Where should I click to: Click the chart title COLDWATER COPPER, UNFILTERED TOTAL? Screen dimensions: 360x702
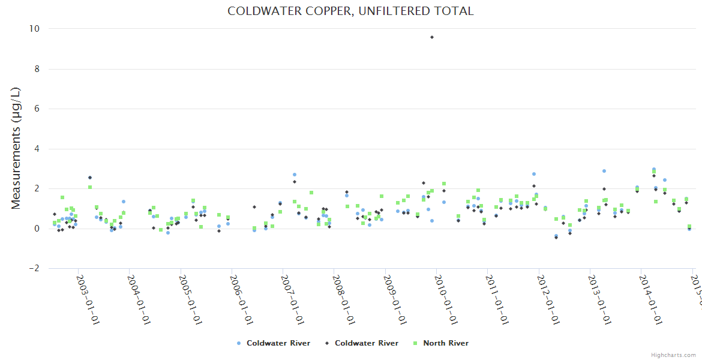pyautogui.click(x=350, y=11)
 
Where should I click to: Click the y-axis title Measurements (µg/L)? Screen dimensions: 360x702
pyautogui.click(x=16, y=148)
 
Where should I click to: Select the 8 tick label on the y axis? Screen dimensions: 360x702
pyautogui.click(x=37, y=69)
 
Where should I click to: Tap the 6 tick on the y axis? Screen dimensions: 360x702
pyautogui.click(x=37, y=109)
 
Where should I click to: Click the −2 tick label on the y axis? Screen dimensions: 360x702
pyautogui.click(x=34, y=268)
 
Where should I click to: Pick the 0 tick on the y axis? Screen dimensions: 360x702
pyautogui.click(x=37, y=229)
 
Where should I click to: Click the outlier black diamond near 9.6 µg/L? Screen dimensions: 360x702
pyautogui.click(x=432, y=37)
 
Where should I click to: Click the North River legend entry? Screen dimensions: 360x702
pyautogui.click(x=446, y=343)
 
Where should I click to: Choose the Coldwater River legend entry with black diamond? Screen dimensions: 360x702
pyautogui.click(x=366, y=343)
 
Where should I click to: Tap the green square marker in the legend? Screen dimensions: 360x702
pyautogui.click(x=415, y=343)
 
